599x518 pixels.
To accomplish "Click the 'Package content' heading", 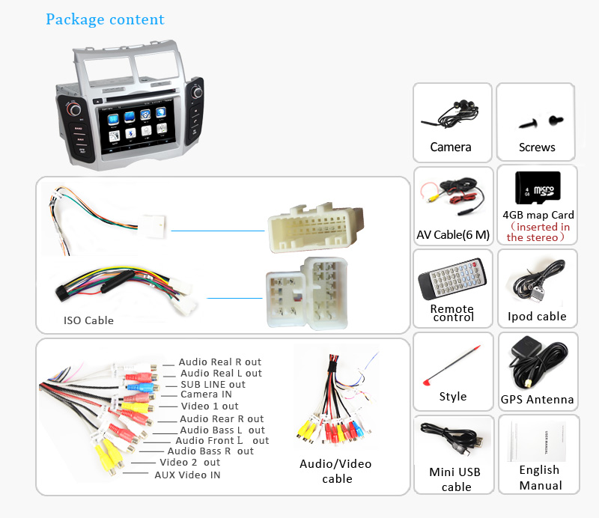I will coord(105,19).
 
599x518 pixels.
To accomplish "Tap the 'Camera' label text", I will coord(451,147).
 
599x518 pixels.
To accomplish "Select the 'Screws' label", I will coord(537,147).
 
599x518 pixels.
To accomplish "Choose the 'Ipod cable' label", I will coord(537,317).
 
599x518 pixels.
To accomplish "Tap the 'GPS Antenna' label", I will coord(538,400).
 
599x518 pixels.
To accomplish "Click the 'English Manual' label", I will coord(540,478).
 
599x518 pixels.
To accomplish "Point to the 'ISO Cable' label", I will coord(88,320).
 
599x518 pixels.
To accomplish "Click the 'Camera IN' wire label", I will coord(206,394).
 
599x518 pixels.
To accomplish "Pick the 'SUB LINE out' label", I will coord(213,384).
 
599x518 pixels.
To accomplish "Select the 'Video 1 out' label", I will coord(210,406).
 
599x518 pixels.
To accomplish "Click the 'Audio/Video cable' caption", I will coord(335,472).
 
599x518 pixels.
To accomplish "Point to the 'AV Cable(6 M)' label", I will coord(453,235).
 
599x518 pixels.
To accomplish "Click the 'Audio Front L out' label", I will coord(222,441).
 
